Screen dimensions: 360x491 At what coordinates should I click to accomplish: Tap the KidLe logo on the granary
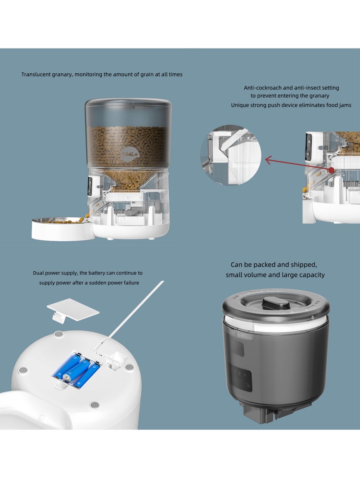[x=130, y=154]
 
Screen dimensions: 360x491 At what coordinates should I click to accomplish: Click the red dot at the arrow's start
[x=331, y=170]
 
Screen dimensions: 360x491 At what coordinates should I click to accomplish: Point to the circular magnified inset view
[x=231, y=155]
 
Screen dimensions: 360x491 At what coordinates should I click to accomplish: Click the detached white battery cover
[x=73, y=310]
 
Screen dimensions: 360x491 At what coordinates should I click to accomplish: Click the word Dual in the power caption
[x=38, y=273]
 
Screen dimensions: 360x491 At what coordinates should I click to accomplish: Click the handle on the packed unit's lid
[x=275, y=303]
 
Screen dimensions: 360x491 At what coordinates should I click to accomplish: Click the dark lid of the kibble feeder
[x=128, y=103]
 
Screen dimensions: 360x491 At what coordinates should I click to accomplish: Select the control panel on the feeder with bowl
[x=90, y=186]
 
